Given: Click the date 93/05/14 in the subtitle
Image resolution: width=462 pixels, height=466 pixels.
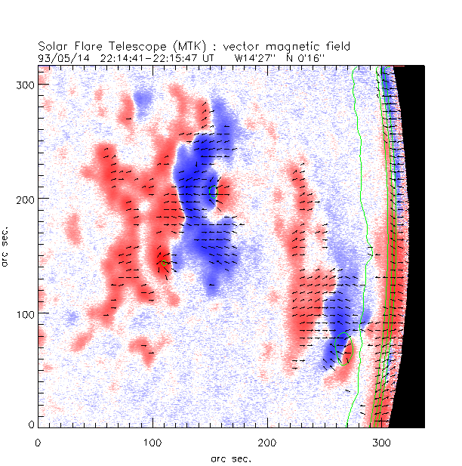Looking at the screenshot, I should (60, 57).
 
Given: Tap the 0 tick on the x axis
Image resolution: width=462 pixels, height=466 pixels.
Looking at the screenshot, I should (38, 440).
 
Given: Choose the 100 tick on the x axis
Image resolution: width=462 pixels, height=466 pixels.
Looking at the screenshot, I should (152, 440).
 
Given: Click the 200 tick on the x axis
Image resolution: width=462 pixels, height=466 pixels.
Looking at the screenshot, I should (267, 440).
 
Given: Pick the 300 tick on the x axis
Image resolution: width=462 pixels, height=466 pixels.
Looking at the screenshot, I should (381, 440).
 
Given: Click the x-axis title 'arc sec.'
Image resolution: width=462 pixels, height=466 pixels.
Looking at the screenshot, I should (230, 458).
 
